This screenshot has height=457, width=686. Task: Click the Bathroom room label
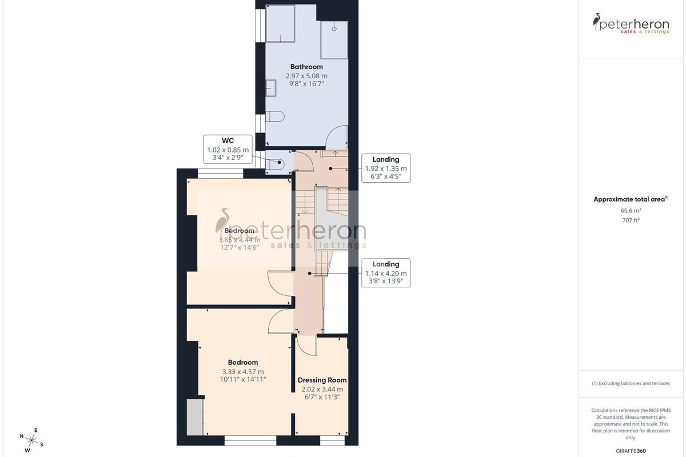click(x=306, y=67)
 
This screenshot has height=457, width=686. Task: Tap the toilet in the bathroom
click(x=275, y=117)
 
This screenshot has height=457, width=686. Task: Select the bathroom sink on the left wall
click(x=271, y=88)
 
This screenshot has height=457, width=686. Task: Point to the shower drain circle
click(x=334, y=29)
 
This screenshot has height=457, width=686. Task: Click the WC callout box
click(x=228, y=149)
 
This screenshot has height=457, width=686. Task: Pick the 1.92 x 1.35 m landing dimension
click(x=386, y=169)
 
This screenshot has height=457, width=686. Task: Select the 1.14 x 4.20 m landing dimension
click(x=386, y=273)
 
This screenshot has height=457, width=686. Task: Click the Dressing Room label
click(x=322, y=380)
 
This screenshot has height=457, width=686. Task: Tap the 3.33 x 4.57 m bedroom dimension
click(x=243, y=372)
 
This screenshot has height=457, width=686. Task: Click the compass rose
click(x=31, y=441)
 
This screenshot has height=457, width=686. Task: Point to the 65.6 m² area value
click(x=631, y=211)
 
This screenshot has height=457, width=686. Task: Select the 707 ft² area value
click(x=631, y=220)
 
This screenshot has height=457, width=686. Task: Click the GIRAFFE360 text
click(x=631, y=451)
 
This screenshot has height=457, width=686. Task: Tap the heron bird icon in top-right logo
click(x=596, y=22)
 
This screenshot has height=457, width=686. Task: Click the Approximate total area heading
click(x=631, y=199)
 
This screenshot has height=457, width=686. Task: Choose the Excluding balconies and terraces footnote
click(x=631, y=383)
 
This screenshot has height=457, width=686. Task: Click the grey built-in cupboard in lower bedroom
click(x=195, y=416)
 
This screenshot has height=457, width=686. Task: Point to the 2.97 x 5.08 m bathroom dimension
click(x=306, y=76)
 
